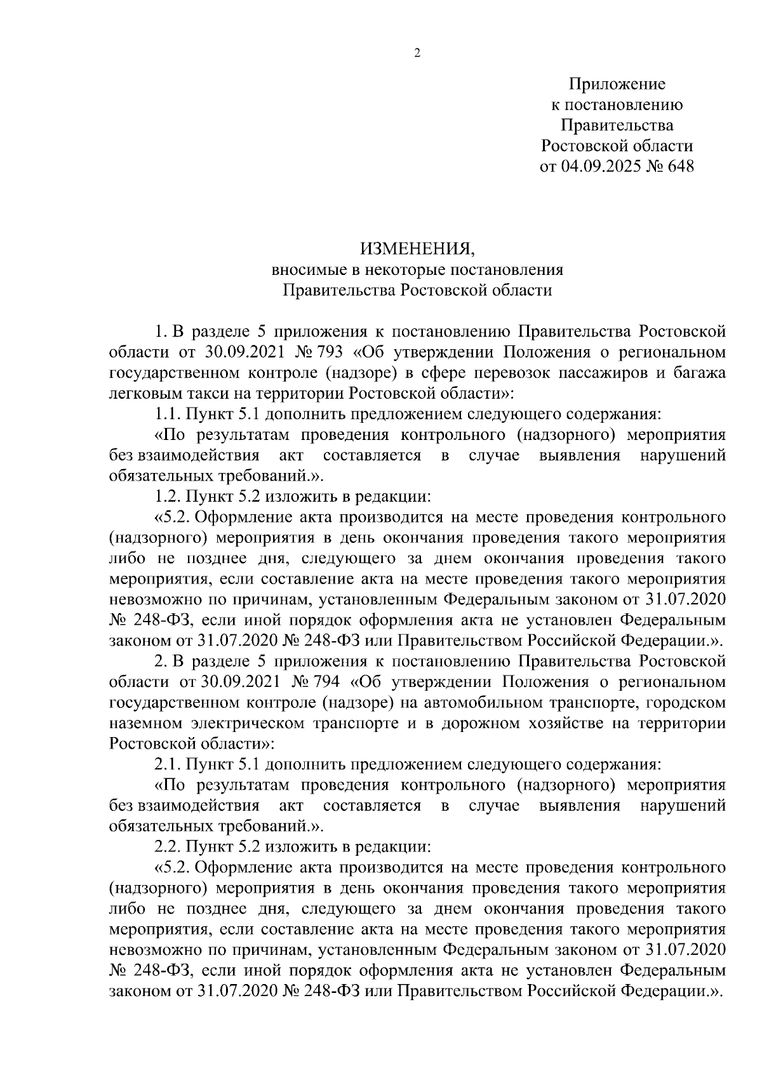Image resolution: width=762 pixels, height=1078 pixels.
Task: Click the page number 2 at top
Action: click(417, 53)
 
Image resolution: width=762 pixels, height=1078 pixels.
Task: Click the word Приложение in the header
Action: click(617, 84)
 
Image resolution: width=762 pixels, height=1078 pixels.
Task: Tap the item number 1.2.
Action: click(168, 497)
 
